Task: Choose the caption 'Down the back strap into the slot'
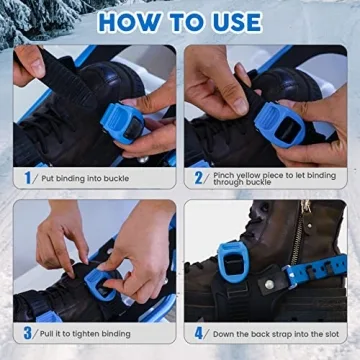pos(269,333)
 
